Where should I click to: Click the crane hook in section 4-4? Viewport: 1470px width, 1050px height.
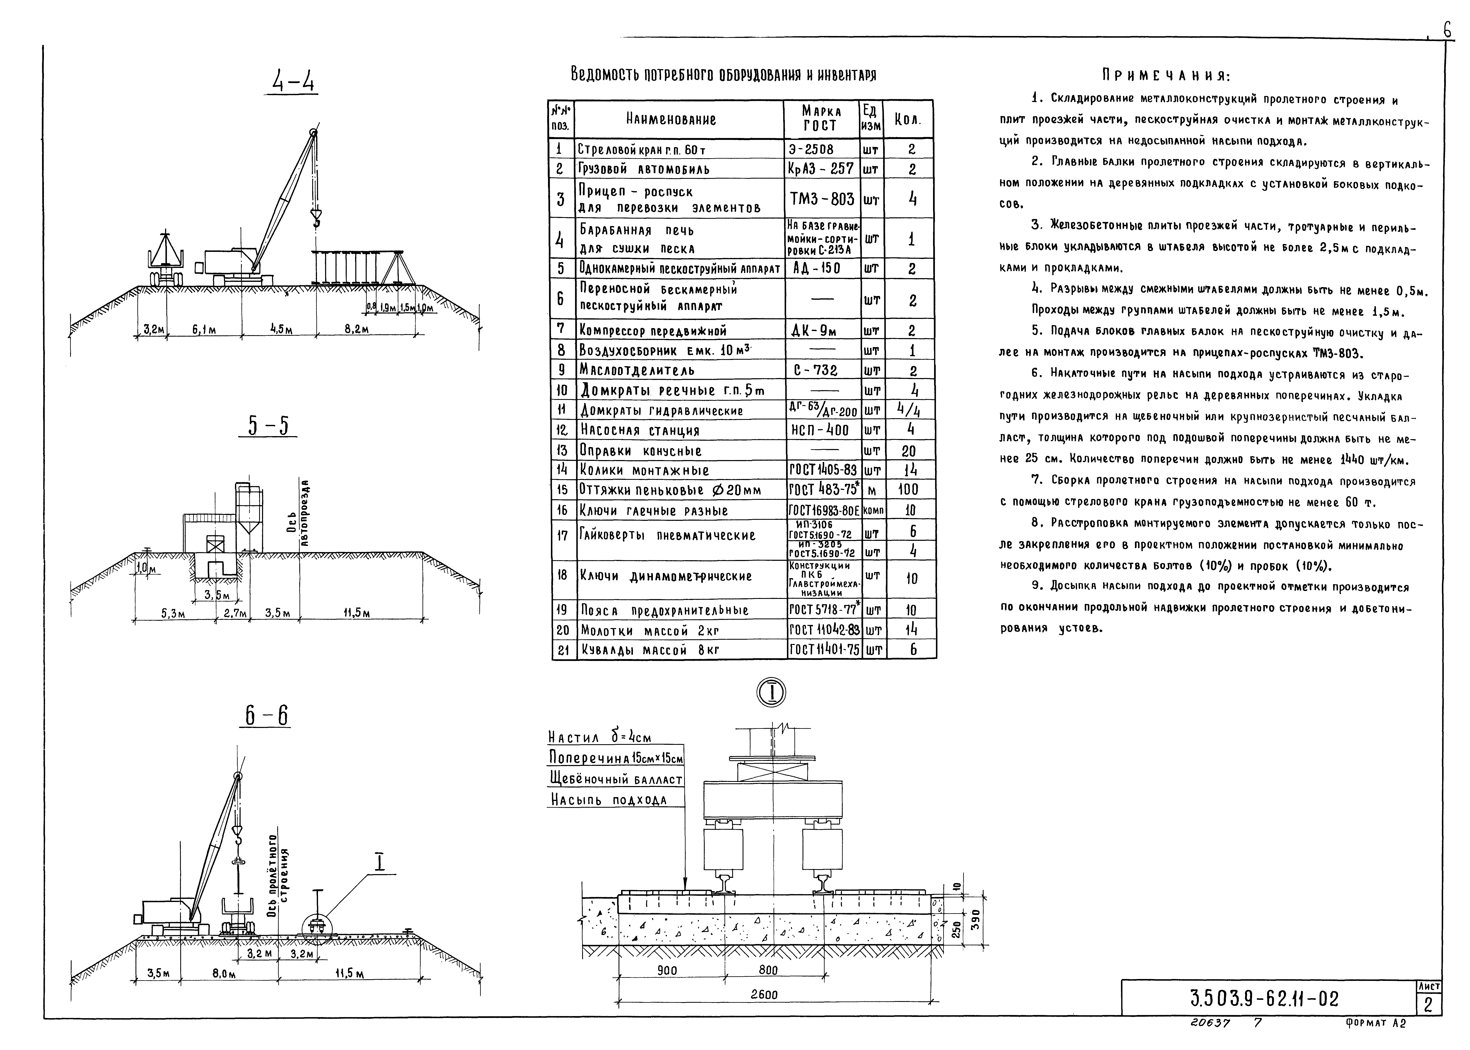click(x=316, y=219)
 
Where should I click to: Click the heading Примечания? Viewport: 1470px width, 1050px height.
click(x=1166, y=76)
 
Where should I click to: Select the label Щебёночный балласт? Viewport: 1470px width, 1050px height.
click(x=615, y=780)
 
